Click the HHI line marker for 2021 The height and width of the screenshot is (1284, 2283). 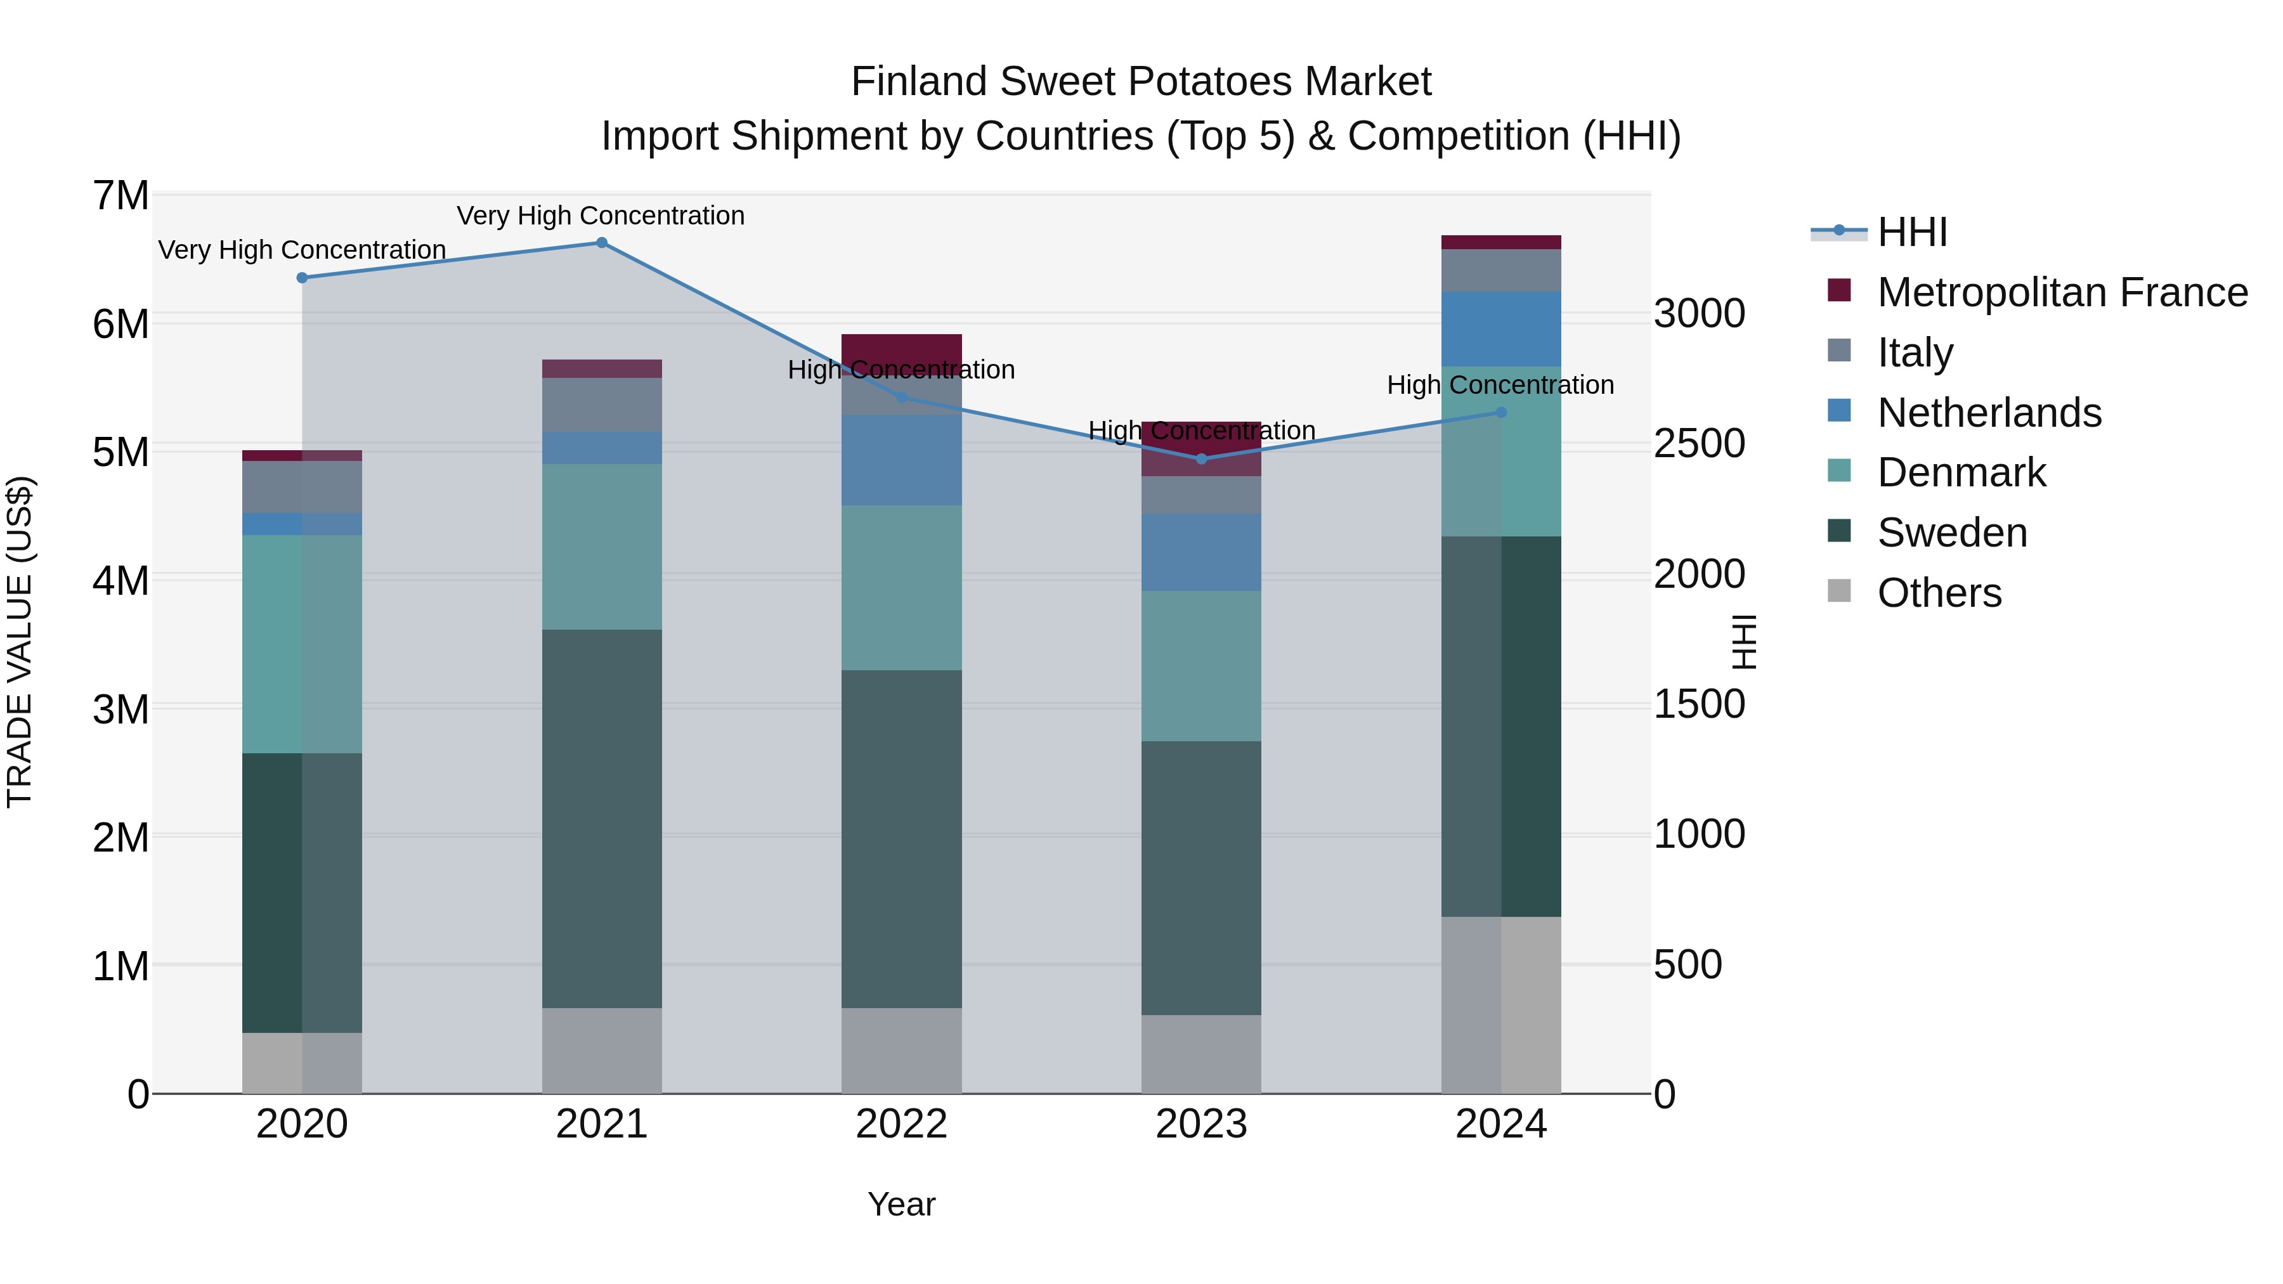point(601,243)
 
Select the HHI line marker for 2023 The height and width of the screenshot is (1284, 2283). point(1201,459)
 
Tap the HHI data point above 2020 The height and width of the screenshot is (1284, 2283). point(302,277)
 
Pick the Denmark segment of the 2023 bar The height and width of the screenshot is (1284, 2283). point(1201,666)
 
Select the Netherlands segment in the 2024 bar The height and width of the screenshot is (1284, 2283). point(1500,328)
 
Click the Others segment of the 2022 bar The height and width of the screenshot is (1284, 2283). point(901,1050)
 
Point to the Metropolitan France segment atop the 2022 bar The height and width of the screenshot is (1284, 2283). point(901,347)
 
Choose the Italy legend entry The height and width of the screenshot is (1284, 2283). point(1915,353)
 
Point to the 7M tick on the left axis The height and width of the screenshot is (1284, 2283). point(121,196)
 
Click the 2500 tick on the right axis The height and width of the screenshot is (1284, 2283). point(1699,444)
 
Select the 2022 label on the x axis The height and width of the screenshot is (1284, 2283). point(901,1124)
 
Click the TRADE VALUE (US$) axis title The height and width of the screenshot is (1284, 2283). point(20,642)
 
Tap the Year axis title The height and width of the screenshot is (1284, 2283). point(901,1204)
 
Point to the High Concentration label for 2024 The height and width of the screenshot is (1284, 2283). point(1500,386)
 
